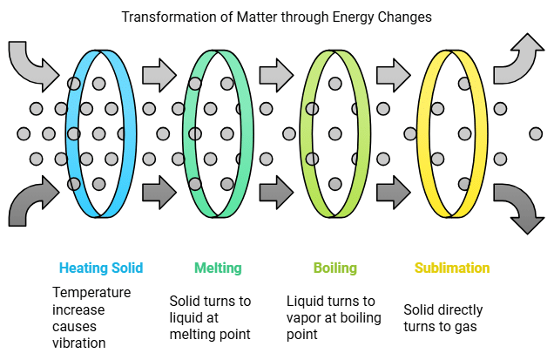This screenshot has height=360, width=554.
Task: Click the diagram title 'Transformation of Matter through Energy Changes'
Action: (x=275, y=17)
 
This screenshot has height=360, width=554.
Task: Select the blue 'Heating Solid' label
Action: (x=101, y=268)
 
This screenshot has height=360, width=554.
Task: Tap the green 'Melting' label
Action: (x=218, y=268)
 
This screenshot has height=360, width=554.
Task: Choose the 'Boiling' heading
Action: (x=335, y=268)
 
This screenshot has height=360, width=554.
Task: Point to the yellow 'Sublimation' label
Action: (x=452, y=268)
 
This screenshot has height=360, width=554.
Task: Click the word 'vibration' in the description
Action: (x=80, y=343)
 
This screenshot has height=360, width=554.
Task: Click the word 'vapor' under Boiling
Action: (x=306, y=318)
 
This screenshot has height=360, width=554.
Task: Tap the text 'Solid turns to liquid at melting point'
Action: (x=210, y=318)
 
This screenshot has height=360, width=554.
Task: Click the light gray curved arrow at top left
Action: (x=30, y=65)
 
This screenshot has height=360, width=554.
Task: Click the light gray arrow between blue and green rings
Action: (x=159, y=73)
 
